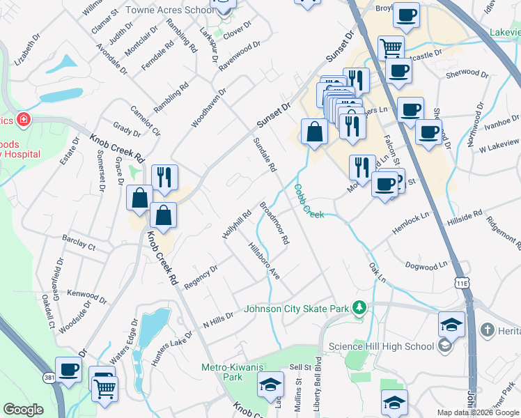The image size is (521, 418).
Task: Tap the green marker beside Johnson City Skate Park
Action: click(x=359, y=307)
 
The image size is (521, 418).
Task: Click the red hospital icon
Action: click(x=24, y=120)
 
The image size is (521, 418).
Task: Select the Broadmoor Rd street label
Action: click(x=274, y=224)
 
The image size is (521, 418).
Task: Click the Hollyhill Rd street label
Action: click(x=236, y=224)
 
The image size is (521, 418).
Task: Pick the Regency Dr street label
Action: click(x=201, y=277)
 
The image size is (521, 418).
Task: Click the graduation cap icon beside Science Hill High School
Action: click(x=451, y=325)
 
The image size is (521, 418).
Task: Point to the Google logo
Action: click(x=24, y=410)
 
